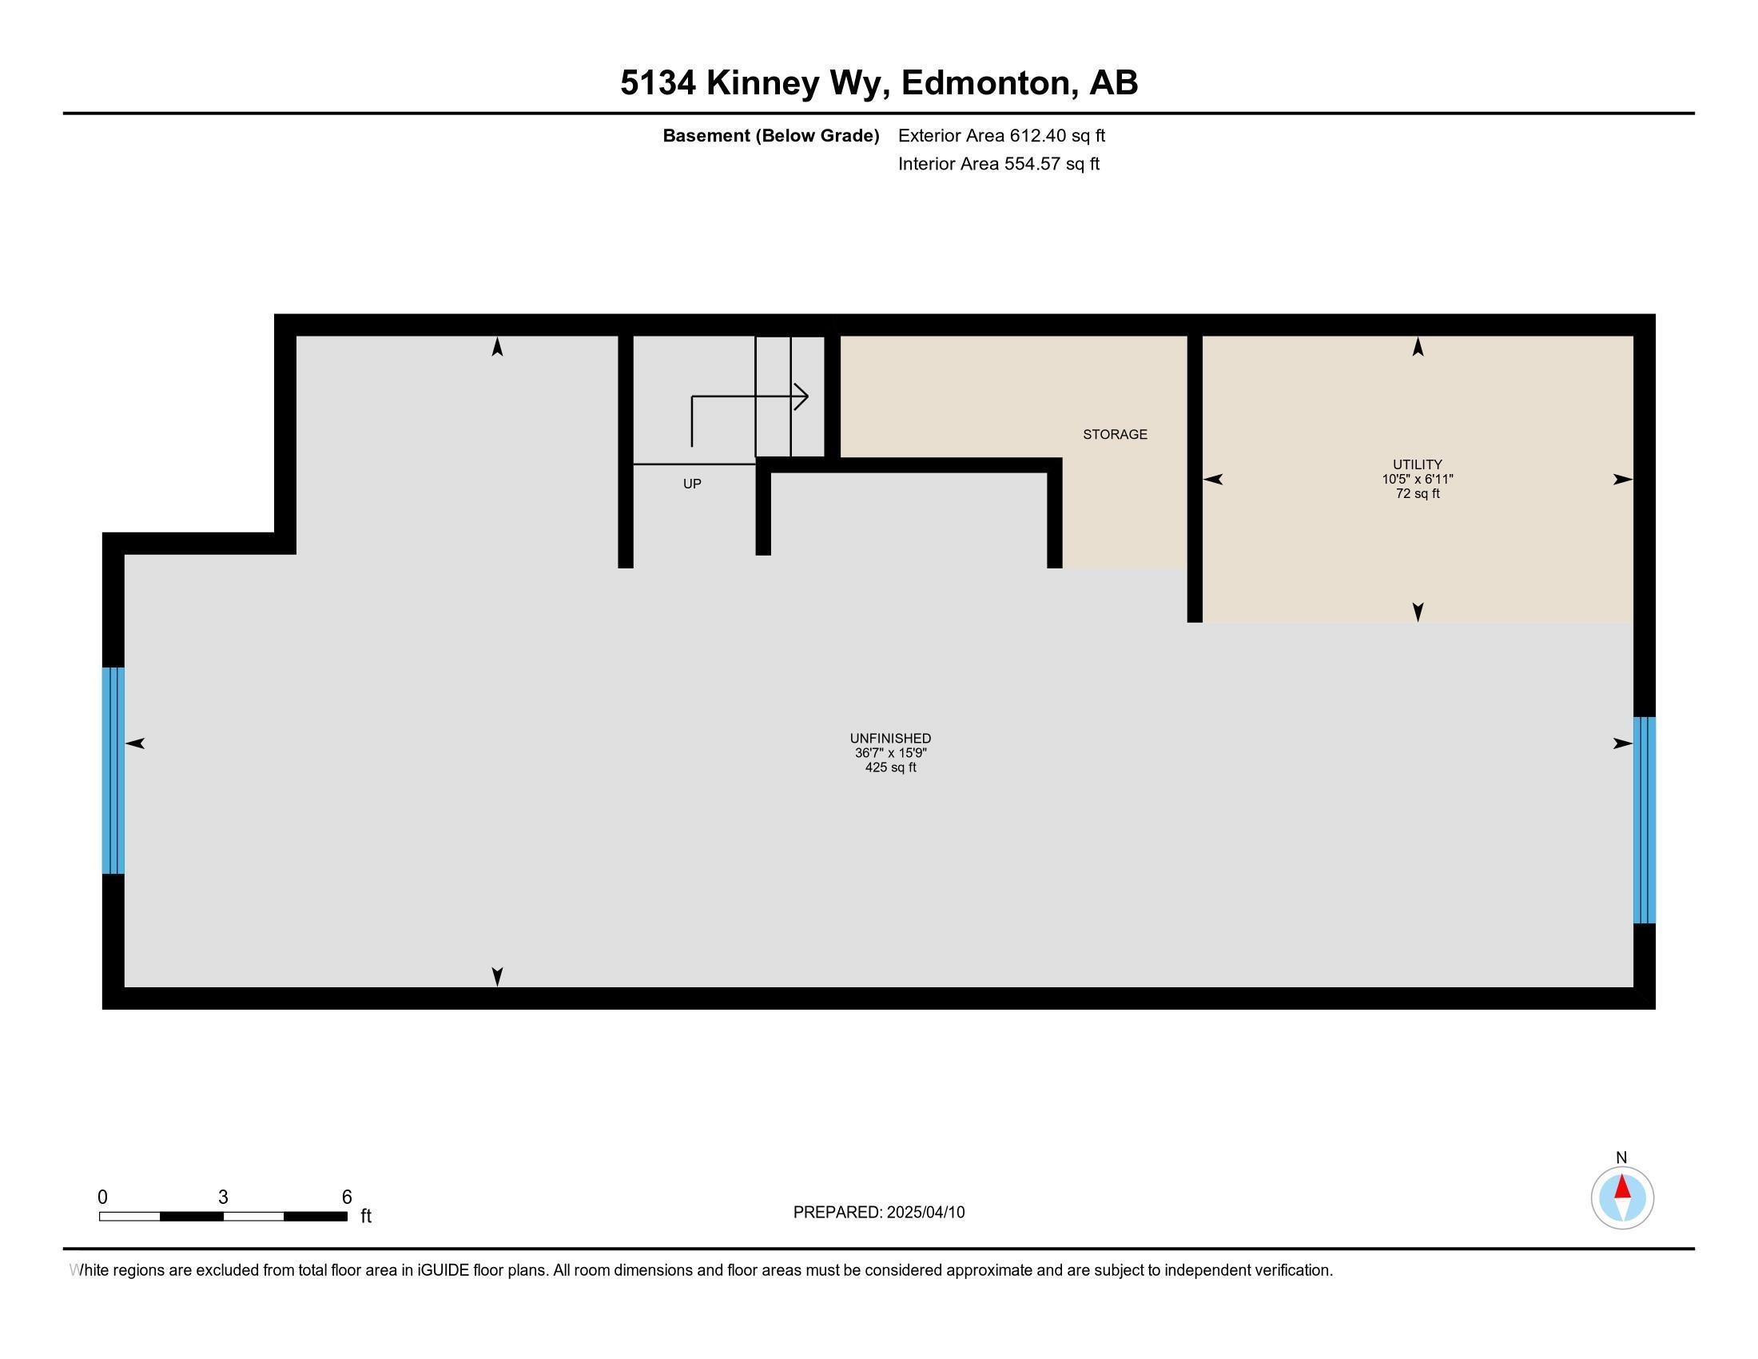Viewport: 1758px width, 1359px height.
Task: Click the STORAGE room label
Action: point(1114,434)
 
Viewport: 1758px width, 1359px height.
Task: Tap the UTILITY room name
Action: point(1417,464)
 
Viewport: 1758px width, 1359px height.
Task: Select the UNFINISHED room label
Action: point(890,739)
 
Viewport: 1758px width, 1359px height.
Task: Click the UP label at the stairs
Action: point(691,484)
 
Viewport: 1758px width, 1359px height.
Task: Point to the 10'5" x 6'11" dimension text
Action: point(1417,479)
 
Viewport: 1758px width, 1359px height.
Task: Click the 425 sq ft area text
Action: point(890,767)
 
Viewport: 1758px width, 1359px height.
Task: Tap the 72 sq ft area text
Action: point(1417,493)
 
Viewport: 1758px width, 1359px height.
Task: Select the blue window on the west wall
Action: point(113,770)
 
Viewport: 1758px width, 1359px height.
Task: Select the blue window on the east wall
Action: point(1644,819)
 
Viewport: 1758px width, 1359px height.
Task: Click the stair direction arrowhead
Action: point(801,396)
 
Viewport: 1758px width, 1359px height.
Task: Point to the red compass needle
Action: point(1622,1187)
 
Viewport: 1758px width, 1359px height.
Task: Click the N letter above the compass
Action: point(1621,1157)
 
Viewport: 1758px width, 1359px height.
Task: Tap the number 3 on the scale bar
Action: point(223,1198)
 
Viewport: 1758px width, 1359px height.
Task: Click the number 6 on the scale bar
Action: point(347,1198)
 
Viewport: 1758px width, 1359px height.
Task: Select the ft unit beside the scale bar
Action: point(365,1216)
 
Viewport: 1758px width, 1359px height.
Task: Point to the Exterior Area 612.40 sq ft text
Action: point(1000,135)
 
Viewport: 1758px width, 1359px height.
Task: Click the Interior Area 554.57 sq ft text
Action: point(998,164)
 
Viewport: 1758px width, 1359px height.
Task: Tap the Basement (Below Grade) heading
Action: point(770,135)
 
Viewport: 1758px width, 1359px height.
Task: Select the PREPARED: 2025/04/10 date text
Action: point(878,1213)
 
